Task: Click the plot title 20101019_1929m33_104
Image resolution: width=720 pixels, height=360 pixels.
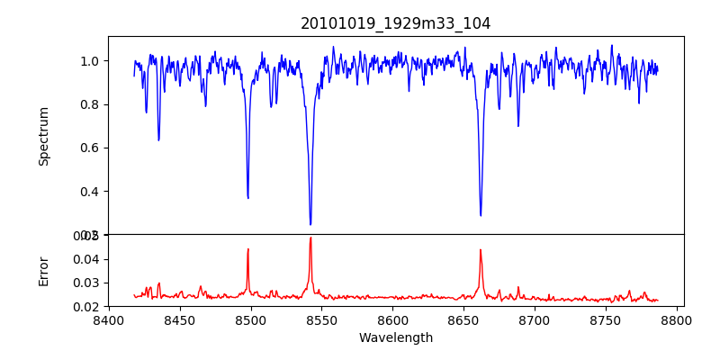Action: click(x=395, y=23)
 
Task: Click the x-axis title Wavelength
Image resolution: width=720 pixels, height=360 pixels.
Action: click(x=395, y=338)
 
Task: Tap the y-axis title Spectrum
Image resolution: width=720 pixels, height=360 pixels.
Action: click(x=43, y=136)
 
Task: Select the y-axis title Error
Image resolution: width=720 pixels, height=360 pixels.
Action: click(x=43, y=271)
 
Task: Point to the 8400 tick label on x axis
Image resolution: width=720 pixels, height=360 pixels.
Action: click(x=109, y=320)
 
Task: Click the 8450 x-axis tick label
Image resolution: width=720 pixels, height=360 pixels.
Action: click(x=180, y=320)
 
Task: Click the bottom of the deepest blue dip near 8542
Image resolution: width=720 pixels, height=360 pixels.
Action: click(x=310, y=224)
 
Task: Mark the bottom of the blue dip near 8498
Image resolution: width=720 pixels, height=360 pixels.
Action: click(x=248, y=197)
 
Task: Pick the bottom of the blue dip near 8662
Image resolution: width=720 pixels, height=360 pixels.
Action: click(x=481, y=215)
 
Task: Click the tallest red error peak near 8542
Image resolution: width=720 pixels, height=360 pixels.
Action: click(x=310, y=238)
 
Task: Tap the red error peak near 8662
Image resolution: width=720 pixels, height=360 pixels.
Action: click(x=481, y=250)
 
